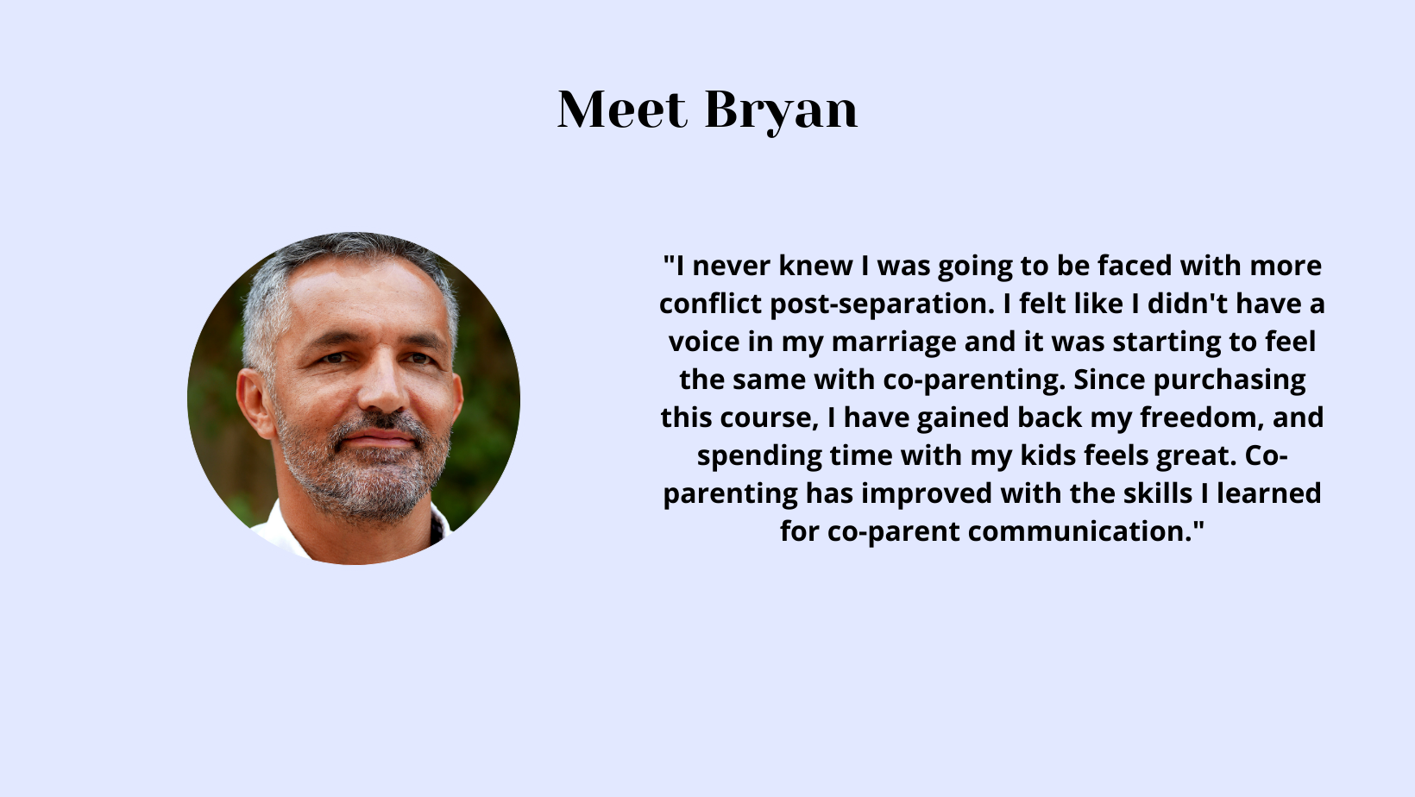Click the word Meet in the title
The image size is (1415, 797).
(x=621, y=110)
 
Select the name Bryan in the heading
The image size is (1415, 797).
(x=782, y=112)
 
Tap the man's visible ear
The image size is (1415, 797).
(x=254, y=404)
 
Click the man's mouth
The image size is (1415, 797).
(x=379, y=437)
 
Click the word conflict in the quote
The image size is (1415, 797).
(x=710, y=304)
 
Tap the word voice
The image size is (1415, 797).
(x=704, y=342)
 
